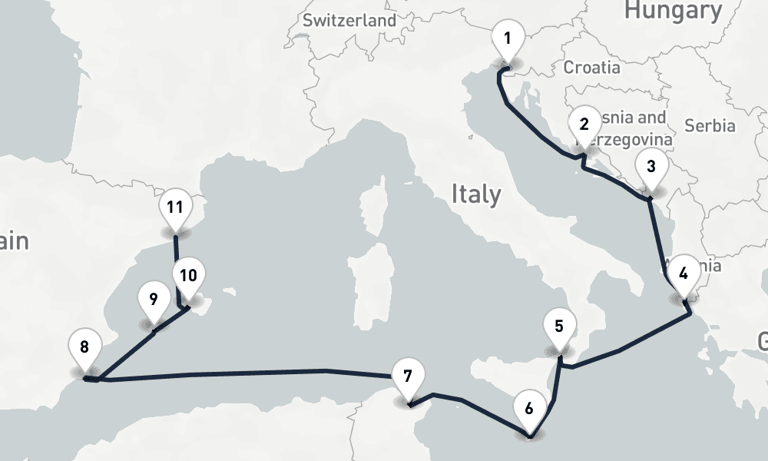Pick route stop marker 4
[x=684, y=274]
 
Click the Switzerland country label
[x=349, y=21]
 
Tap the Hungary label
[x=674, y=11]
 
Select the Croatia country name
[x=592, y=68]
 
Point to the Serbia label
[x=710, y=126]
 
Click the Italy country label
[x=475, y=194]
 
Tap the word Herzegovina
[x=628, y=140]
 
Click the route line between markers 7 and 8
[x=230, y=374]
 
